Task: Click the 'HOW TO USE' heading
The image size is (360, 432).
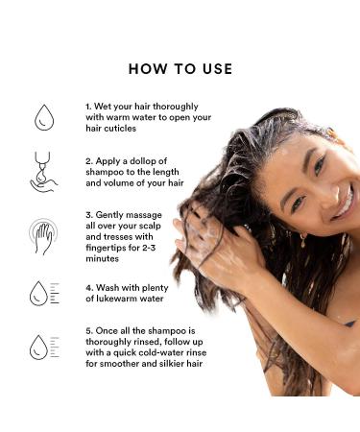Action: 180,69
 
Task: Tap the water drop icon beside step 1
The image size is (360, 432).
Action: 44,117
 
